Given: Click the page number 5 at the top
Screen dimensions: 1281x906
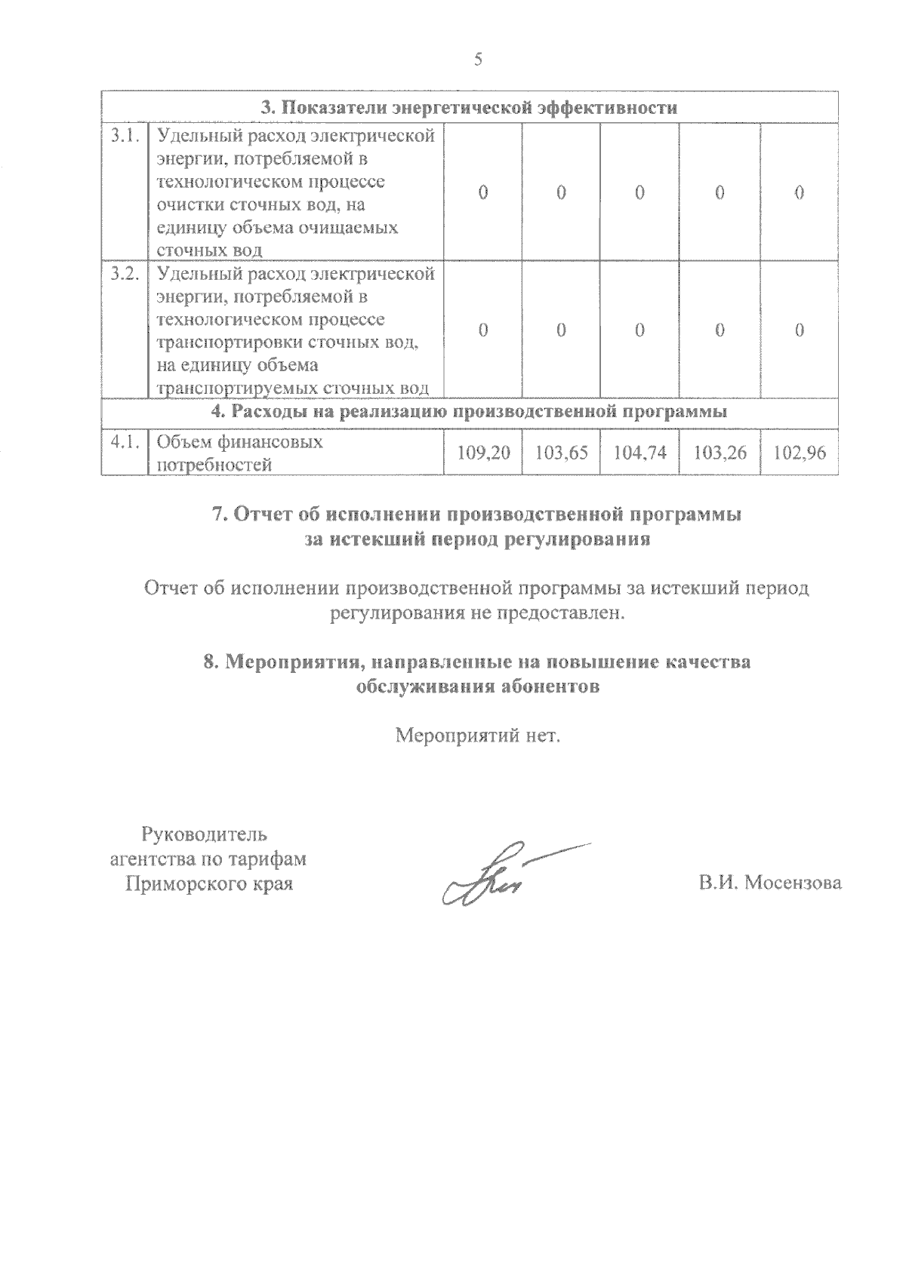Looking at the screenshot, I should (x=477, y=60).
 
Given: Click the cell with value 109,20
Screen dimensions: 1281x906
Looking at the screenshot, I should (x=483, y=453).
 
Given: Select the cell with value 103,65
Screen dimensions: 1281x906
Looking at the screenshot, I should (x=561, y=453).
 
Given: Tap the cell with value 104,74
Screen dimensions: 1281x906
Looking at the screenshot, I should (x=639, y=453).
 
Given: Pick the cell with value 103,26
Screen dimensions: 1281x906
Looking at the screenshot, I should (x=720, y=453).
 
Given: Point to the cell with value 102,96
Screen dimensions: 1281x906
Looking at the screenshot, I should (x=800, y=453).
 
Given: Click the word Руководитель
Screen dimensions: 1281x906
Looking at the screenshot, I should (x=204, y=834).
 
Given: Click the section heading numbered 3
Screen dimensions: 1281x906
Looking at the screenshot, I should (x=469, y=107).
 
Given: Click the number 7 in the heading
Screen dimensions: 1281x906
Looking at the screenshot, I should (x=218, y=515).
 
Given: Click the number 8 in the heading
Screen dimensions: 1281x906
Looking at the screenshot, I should (x=210, y=662).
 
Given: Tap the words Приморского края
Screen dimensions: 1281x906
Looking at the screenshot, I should (x=208, y=883).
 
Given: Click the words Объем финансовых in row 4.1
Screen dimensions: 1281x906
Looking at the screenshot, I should (x=239, y=442).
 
